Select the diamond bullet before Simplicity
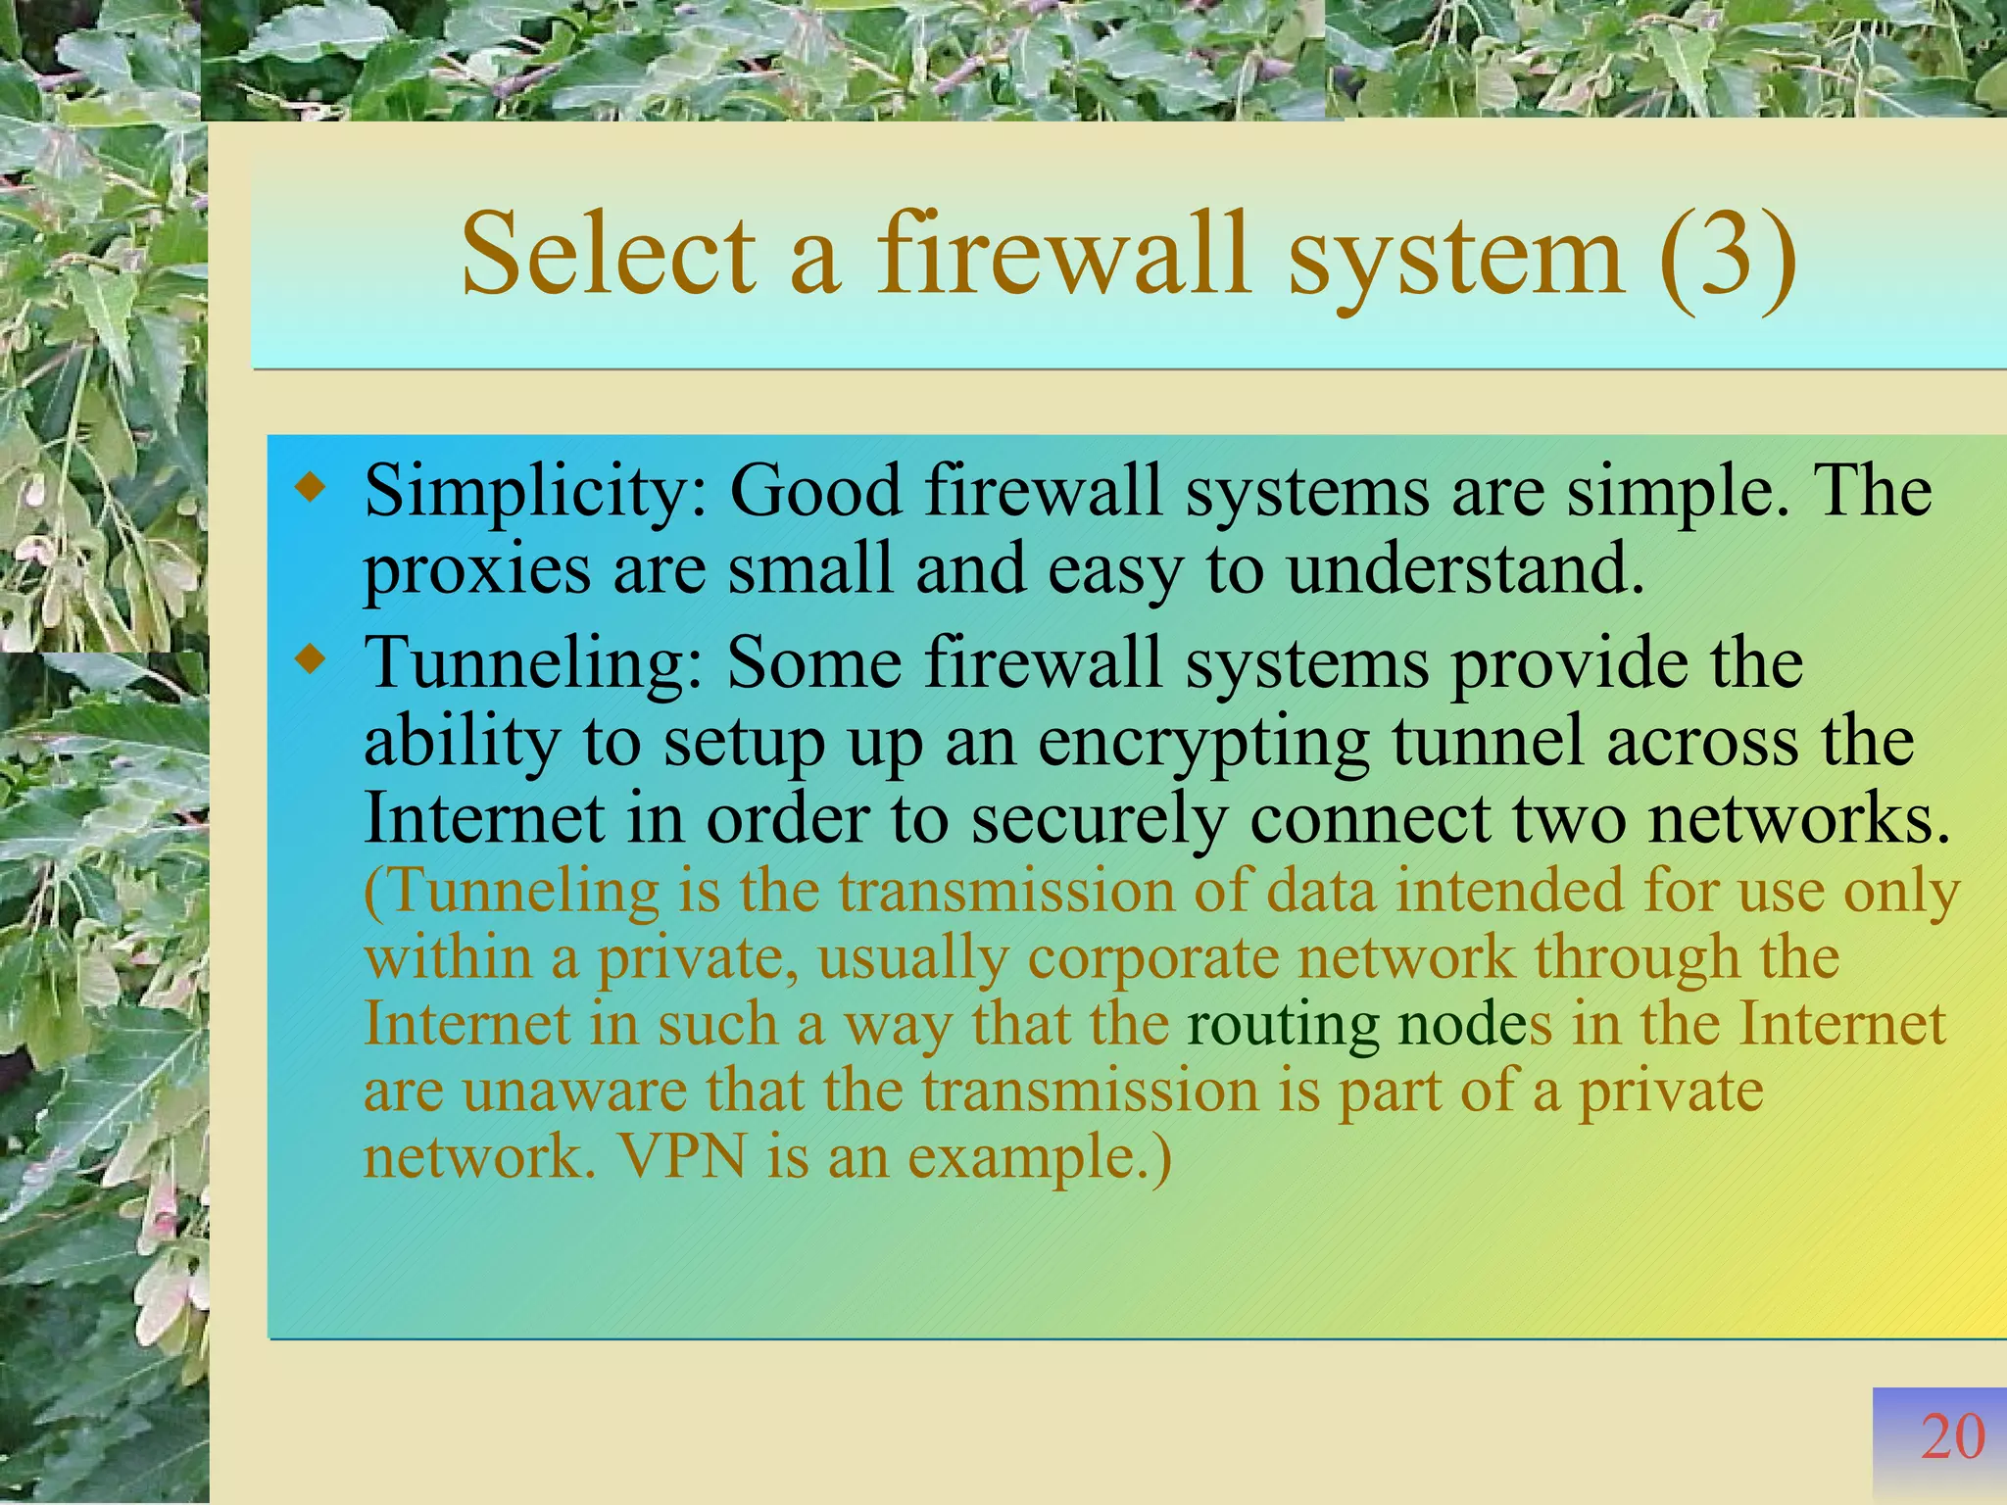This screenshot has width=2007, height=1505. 310,486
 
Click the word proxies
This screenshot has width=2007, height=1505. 477,571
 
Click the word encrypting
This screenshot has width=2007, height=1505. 1203,742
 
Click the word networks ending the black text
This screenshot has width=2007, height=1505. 1798,818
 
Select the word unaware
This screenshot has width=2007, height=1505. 574,1091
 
